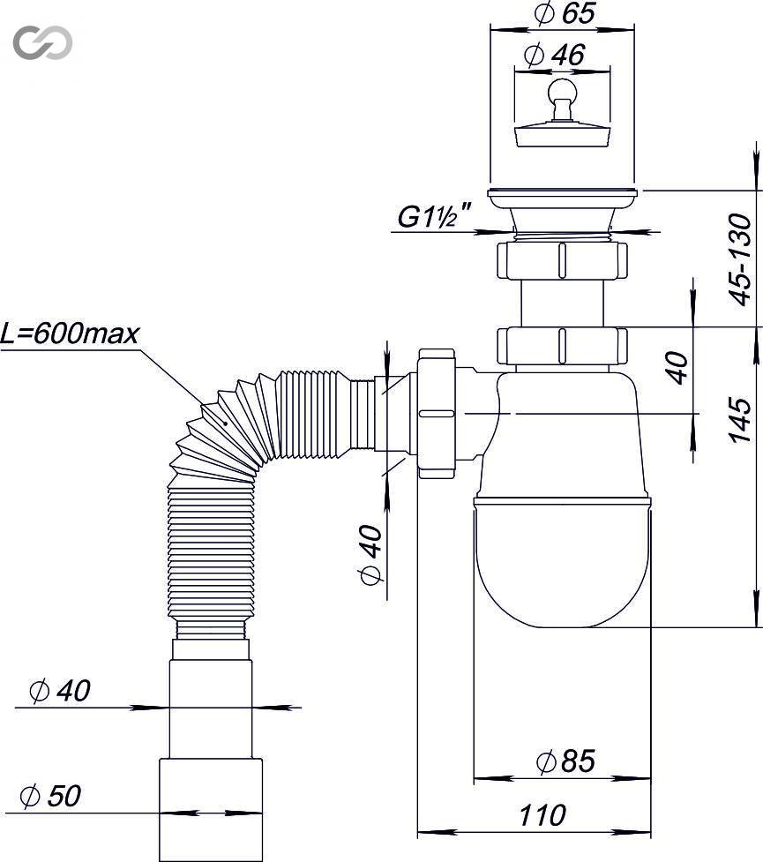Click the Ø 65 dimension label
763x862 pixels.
click(565, 13)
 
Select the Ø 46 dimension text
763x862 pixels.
click(555, 55)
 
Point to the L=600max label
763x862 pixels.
click(70, 334)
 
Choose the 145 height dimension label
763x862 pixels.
click(740, 420)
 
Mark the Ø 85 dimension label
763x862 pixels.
click(565, 761)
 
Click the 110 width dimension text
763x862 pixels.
click(542, 815)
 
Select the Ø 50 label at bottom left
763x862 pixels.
click(50, 796)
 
